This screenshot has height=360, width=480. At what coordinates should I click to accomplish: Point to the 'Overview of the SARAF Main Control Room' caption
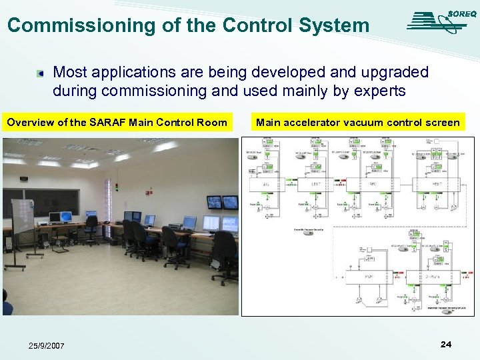pos(117,122)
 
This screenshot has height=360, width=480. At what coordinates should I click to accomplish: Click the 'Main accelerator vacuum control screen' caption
pos(357,122)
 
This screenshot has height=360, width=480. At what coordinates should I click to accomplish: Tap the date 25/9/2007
pos(47,345)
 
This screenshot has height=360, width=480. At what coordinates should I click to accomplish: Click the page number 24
pos(446,344)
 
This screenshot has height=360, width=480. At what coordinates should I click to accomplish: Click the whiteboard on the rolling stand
pos(21,216)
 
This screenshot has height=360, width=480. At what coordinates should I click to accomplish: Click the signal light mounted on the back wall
pos(117,188)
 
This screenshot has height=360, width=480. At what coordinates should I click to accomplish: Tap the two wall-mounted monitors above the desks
pos(222,202)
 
